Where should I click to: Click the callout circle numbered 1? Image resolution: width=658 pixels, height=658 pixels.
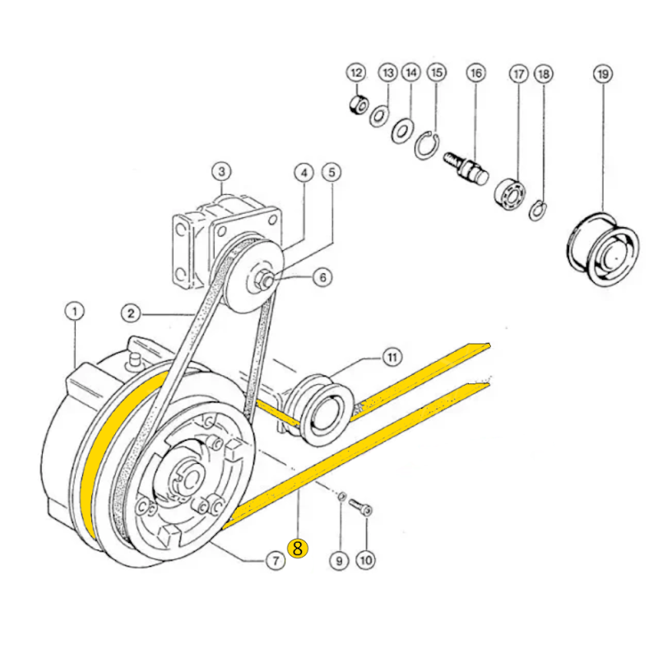point(75,312)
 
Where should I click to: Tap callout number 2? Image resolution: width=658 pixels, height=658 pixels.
point(130,313)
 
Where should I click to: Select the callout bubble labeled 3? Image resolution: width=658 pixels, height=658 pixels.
point(220,172)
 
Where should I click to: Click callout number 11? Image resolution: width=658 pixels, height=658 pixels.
point(392,357)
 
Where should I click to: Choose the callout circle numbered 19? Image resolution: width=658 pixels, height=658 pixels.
point(602,74)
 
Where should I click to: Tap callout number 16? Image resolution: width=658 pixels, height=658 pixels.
point(476,74)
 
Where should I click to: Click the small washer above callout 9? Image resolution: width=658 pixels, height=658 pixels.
point(341,498)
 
